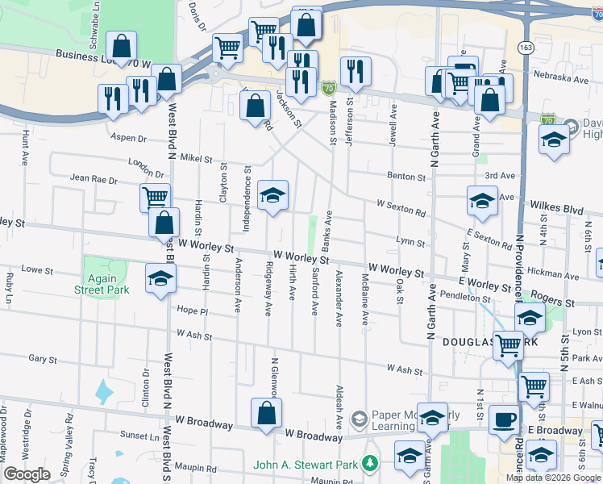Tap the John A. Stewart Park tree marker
(370, 464)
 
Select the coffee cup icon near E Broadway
(505, 419)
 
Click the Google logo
(27, 474)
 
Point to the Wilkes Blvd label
(555, 209)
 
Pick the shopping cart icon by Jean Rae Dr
(155, 196)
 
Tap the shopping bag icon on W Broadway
(266, 413)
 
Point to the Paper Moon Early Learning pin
(358, 415)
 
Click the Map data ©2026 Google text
(553, 478)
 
